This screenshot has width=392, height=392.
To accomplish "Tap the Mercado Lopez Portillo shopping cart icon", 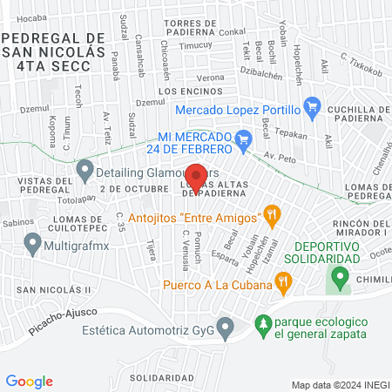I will click(x=314, y=109).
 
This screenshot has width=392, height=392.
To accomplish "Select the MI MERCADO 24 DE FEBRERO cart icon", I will click(x=245, y=139).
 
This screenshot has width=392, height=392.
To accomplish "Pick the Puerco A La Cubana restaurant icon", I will click(x=282, y=281).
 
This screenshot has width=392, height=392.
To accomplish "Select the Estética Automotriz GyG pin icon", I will click(x=226, y=329).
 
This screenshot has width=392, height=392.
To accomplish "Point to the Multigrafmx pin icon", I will click(x=32, y=247).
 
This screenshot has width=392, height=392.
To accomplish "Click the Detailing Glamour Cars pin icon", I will click(x=84, y=171).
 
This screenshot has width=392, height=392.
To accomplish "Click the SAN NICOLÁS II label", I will click(x=52, y=290).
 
